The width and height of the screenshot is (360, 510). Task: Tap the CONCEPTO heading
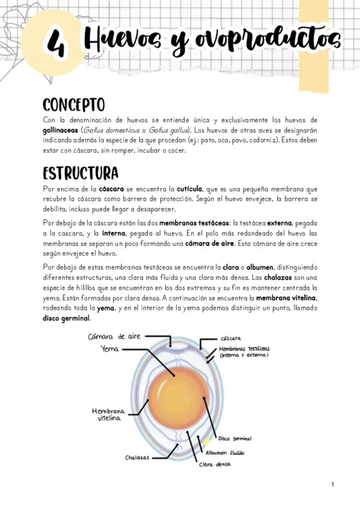pos(73,105)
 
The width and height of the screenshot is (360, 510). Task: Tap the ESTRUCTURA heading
pos(81,173)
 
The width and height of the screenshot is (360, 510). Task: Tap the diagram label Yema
pos(110,348)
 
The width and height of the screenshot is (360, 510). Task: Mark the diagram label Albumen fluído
pos(225,452)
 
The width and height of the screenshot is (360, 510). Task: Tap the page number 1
pos(332,484)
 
